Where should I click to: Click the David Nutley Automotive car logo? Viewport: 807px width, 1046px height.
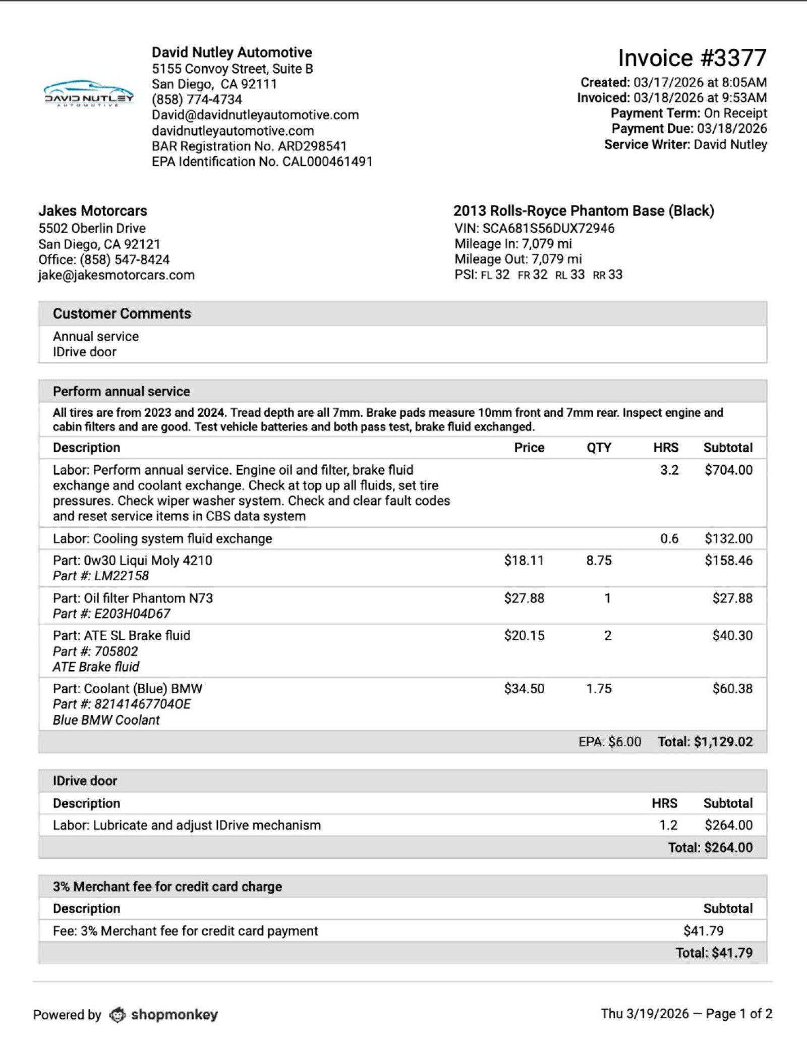coord(89,94)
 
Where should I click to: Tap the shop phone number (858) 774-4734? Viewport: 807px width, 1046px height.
coord(197,99)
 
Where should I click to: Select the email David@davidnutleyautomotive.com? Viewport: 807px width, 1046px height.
coord(255,115)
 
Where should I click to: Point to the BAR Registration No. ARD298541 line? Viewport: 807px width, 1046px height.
coord(249,146)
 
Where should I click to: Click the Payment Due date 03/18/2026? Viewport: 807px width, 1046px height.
coord(732,129)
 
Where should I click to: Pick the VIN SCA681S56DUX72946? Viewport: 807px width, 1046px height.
coord(548,229)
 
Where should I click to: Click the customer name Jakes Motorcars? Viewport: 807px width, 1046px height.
coord(93,211)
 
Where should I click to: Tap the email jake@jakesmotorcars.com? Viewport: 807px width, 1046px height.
coord(117,276)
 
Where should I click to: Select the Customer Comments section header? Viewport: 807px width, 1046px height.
coord(122,314)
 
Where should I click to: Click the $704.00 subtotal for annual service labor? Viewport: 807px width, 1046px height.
coord(728,470)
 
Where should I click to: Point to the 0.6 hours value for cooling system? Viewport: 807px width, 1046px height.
coord(669,539)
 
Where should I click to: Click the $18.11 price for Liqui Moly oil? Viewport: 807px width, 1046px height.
coord(524,561)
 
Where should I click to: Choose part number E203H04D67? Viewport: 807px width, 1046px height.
coord(132,614)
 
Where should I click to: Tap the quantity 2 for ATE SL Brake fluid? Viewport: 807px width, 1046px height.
coord(608,636)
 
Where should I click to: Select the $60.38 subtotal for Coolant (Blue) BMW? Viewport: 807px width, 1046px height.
coord(732,689)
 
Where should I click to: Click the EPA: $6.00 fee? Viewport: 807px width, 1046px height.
coord(610,742)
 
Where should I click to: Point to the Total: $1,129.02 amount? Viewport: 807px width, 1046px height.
coord(705,742)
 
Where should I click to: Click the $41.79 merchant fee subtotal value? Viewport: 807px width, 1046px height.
coord(704,931)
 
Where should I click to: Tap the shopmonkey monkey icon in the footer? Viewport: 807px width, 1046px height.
coord(118,1015)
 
